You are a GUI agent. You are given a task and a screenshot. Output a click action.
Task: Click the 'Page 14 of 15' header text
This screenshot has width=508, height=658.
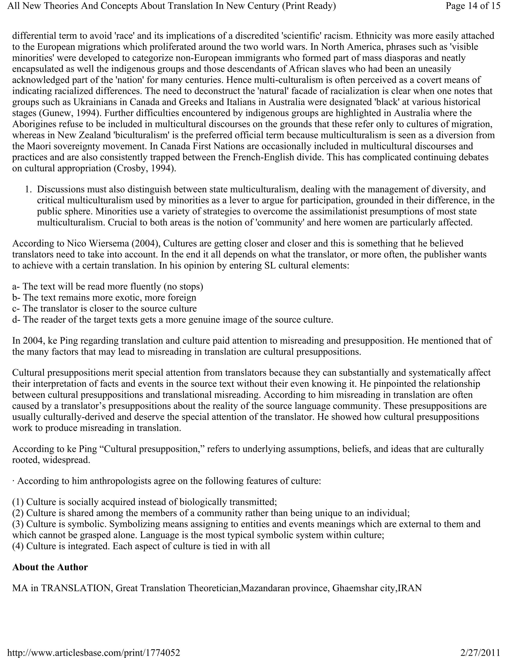(x=473, y=6)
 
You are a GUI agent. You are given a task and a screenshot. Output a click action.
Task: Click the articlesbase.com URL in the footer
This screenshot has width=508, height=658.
(x=94, y=653)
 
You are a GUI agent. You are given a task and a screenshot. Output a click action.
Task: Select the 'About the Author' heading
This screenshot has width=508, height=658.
(x=50, y=567)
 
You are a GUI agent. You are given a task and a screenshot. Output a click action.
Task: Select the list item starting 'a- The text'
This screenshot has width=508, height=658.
(x=107, y=286)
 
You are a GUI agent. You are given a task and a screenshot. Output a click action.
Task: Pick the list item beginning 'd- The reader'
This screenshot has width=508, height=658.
(x=172, y=319)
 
